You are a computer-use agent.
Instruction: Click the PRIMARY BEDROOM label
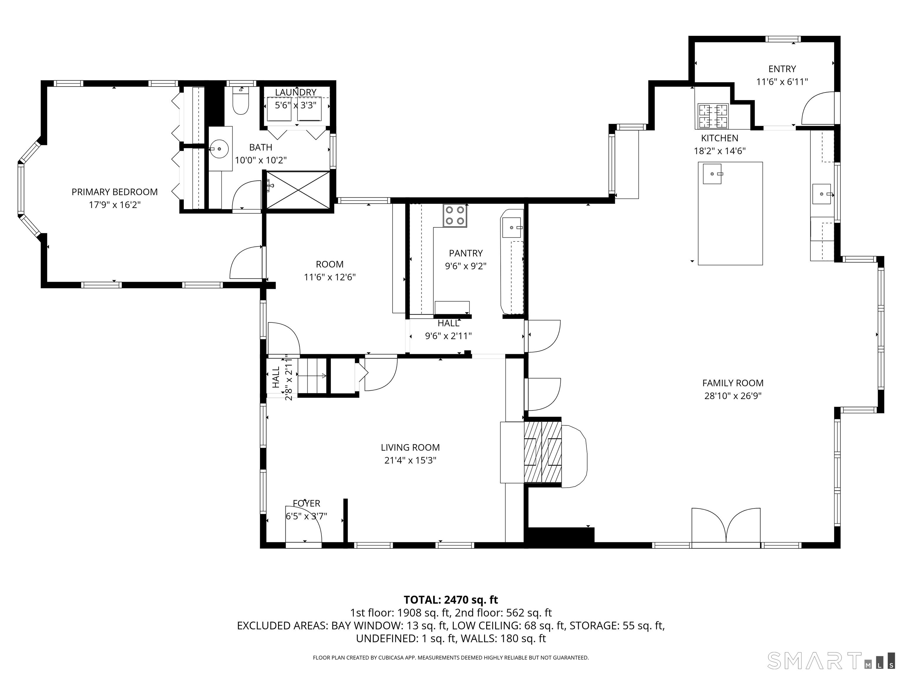[115, 192]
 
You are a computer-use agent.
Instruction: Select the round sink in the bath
[219, 149]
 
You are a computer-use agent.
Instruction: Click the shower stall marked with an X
[298, 190]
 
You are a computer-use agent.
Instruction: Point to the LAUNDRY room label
[296, 92]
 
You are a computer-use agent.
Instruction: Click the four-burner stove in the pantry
[455, 215]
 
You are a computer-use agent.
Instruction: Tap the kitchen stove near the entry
[713, 116]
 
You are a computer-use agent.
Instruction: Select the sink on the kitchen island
[712, 174]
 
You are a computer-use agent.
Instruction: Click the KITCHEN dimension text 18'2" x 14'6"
[720, 151]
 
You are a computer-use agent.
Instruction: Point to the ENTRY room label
[782, 69]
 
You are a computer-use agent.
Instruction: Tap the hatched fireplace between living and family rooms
[543, 452]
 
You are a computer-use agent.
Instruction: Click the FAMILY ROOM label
[733, 383]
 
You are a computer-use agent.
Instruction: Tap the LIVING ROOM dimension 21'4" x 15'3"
[410, 460]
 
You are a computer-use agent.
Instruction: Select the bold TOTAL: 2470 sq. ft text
[451, 600]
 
